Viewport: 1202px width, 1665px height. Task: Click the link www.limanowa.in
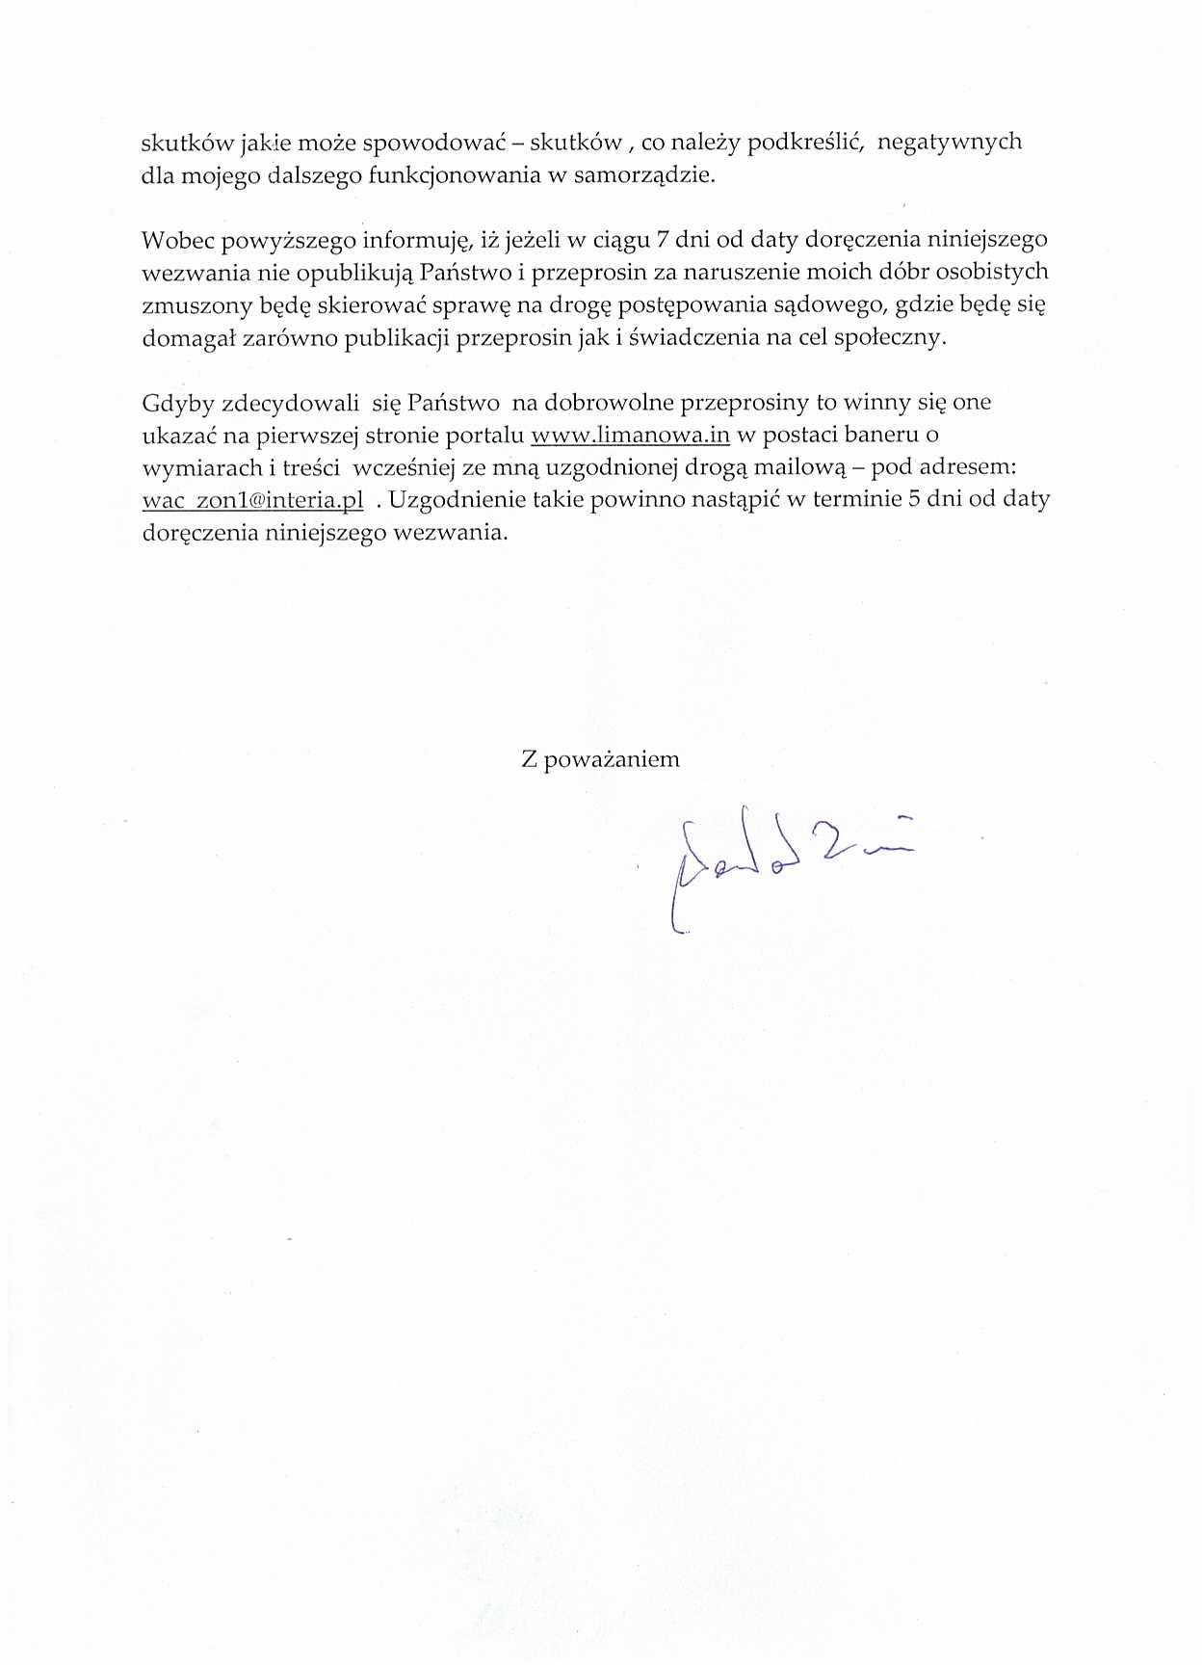pos(630,435)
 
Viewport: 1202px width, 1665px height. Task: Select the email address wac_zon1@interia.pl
pos(252,500)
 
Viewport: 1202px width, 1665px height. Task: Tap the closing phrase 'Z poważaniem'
pos(600,759)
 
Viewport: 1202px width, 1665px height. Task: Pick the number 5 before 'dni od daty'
pos(915,499)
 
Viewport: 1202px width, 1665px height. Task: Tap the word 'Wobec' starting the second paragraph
pos(174,239)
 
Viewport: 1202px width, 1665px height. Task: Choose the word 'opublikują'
pos(354,273)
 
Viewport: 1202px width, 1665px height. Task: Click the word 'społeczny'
pos(892,338)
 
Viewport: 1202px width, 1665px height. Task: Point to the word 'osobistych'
pos(992,272)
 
